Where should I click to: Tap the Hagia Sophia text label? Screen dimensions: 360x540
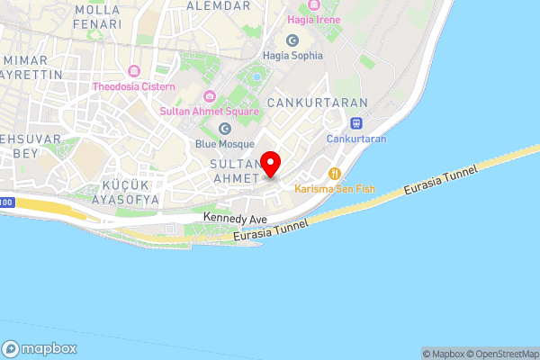tap(292, 55)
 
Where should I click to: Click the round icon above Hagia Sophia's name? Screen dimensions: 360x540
tap(292, 40)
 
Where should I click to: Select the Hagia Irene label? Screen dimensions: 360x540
tap(313, 18)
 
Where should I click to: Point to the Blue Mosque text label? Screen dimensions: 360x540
tap(225, 144)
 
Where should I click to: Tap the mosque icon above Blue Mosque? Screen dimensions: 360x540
tap(225, 129)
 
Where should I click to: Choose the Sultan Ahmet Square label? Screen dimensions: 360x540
tap(210, 112)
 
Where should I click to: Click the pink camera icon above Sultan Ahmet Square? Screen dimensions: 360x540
tap(210, 96)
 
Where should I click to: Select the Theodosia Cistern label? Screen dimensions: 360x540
tap(134, 86)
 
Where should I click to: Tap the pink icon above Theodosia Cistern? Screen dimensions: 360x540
tap(134, 71)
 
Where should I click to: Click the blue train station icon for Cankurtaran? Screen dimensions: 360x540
tap(356, 123)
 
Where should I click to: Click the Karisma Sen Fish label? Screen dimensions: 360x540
tap(335, 189)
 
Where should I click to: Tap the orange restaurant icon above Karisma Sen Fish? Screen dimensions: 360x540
tap(335, 173)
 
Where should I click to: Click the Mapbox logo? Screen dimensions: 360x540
tap(40, 349)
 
